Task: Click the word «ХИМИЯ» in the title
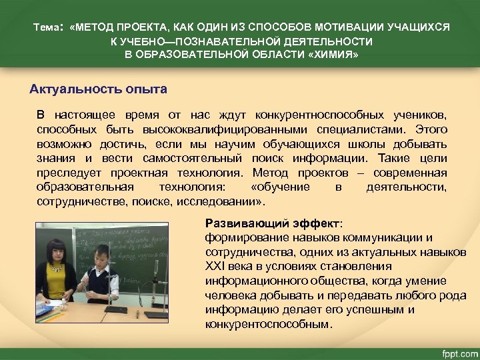337,55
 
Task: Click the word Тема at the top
47,28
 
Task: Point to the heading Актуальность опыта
98,89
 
